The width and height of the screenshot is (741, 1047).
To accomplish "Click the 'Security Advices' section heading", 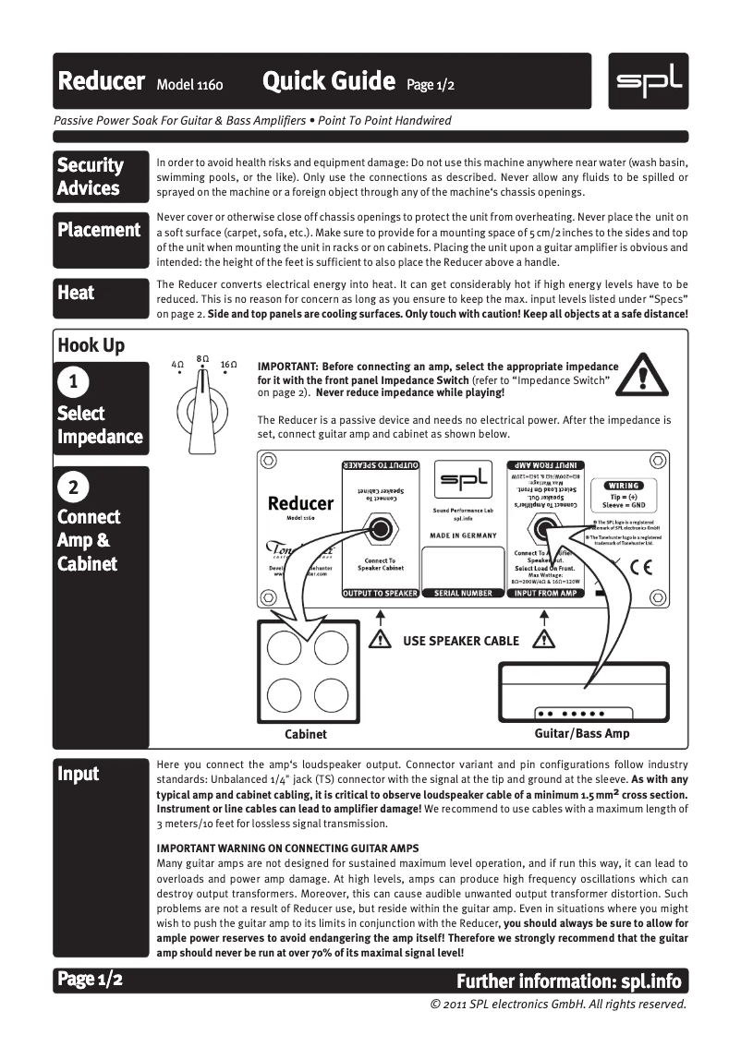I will (90, 176).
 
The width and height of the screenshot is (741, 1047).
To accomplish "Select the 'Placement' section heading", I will (99, 230).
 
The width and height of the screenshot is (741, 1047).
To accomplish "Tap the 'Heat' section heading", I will (76, 293).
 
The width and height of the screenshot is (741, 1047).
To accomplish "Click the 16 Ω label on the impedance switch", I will (229, 366).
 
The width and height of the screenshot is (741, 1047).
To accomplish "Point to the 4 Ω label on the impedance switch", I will (177, 366).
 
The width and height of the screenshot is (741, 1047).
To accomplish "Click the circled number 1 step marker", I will (73, 381).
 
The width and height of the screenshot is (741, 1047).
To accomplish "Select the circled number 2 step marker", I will (73, 486).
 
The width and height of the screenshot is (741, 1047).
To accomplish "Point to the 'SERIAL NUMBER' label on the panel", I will (463, 594).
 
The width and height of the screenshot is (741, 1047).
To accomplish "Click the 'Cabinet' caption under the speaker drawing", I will (306, 734).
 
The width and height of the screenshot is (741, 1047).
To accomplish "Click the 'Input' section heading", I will (79, 774).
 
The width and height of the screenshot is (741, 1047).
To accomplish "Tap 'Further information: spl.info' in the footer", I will (572, 980).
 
